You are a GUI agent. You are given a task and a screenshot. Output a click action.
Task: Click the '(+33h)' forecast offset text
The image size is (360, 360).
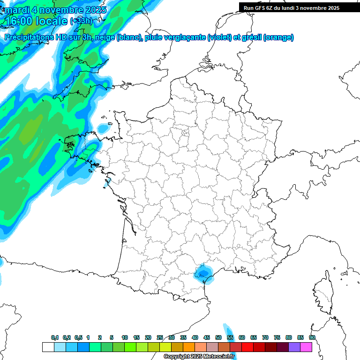81,21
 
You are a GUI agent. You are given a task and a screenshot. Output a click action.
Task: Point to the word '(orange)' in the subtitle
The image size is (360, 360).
279,37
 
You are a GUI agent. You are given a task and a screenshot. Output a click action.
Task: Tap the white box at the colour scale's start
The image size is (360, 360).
48,347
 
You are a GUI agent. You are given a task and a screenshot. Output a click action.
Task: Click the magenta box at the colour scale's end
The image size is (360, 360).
306,347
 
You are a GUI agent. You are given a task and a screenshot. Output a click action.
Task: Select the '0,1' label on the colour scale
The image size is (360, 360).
55,337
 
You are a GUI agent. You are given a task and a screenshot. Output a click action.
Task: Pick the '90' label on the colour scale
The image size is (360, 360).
312,337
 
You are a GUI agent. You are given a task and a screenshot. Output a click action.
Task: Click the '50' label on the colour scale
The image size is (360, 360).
218,337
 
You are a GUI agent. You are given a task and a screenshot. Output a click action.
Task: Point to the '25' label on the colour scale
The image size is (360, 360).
160,337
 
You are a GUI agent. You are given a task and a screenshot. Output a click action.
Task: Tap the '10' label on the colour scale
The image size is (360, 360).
125,337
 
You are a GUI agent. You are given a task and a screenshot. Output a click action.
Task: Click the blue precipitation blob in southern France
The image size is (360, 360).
202,273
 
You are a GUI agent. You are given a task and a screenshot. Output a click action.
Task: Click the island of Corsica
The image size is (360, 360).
322,293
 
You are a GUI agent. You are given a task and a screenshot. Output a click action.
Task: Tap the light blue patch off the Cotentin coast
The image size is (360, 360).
104,127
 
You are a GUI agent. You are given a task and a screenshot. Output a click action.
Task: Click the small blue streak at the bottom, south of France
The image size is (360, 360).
229,331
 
